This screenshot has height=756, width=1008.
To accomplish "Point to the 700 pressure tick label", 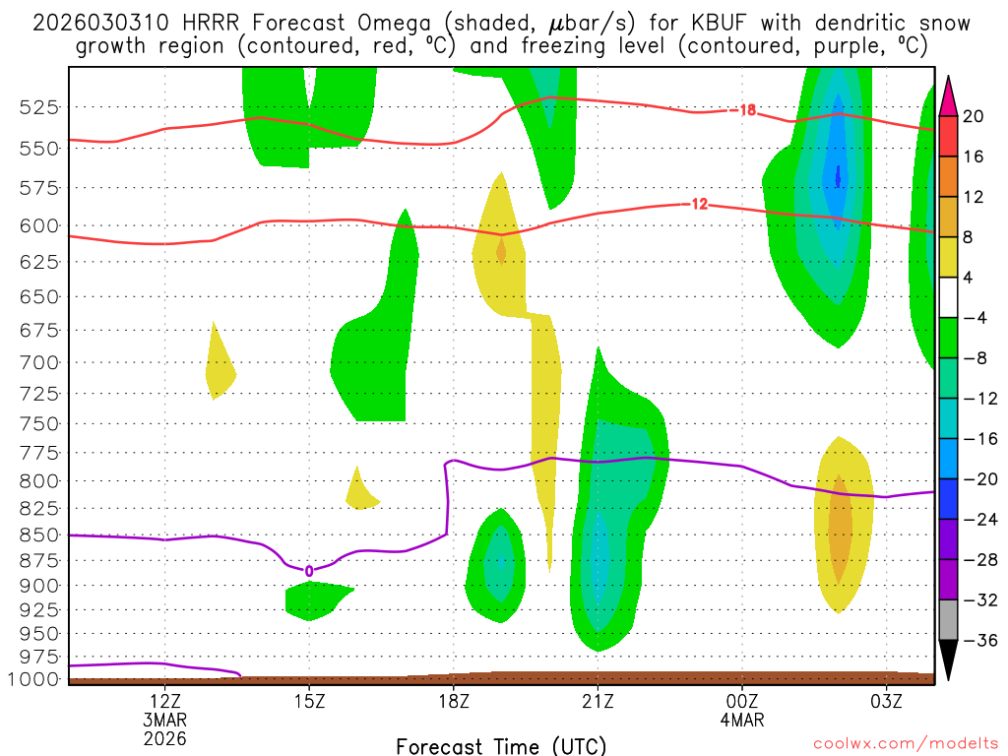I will coord(40,362).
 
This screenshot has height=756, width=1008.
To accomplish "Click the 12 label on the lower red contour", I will coord(699,205).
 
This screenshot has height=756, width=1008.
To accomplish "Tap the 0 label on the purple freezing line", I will coord(309,571).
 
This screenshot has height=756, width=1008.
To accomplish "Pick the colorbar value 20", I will coord(974,116).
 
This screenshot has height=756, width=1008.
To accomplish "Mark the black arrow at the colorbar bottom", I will coord(949,660).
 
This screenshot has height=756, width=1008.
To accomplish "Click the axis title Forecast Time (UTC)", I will coord(501,745).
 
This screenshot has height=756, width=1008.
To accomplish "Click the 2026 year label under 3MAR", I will coord(164,737).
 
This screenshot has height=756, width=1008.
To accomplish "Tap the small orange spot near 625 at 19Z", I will coord(501,252).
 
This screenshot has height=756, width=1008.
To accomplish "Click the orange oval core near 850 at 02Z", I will coord(840,532).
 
